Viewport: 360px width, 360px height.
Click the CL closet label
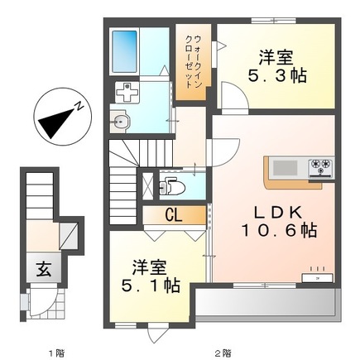(x=173, y=215)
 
